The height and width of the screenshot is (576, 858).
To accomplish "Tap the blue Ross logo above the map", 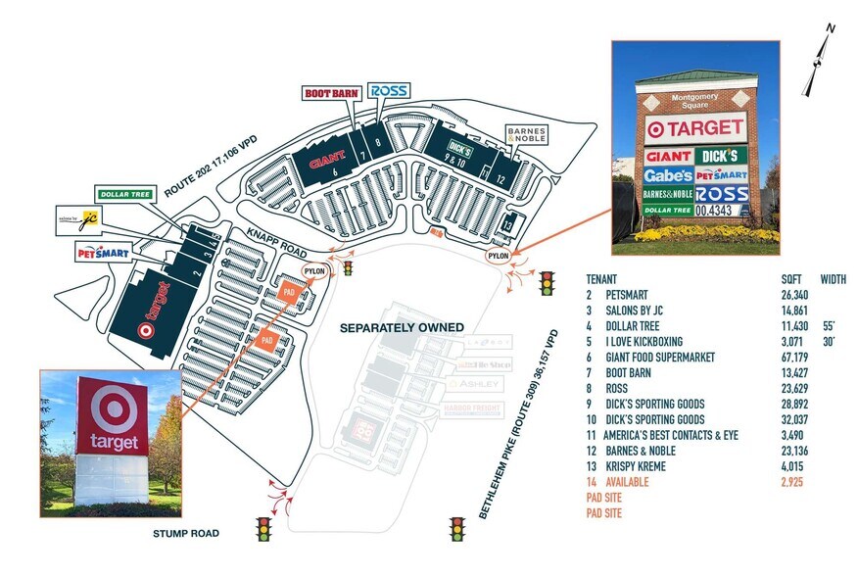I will (389, 91).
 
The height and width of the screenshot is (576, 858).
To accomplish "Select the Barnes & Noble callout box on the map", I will (526, 134).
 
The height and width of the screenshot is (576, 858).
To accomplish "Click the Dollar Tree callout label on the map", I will (123, 194).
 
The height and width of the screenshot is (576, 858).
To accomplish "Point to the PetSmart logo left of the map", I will (103, 253).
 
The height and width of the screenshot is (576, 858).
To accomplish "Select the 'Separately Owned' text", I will (402, 326).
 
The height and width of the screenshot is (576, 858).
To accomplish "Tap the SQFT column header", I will (788, 278).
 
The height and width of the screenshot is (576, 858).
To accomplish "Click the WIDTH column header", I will (834, 278).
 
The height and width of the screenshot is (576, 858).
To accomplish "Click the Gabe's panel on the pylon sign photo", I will (668, 176).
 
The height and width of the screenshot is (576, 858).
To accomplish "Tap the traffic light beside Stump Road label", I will (263, 530).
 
